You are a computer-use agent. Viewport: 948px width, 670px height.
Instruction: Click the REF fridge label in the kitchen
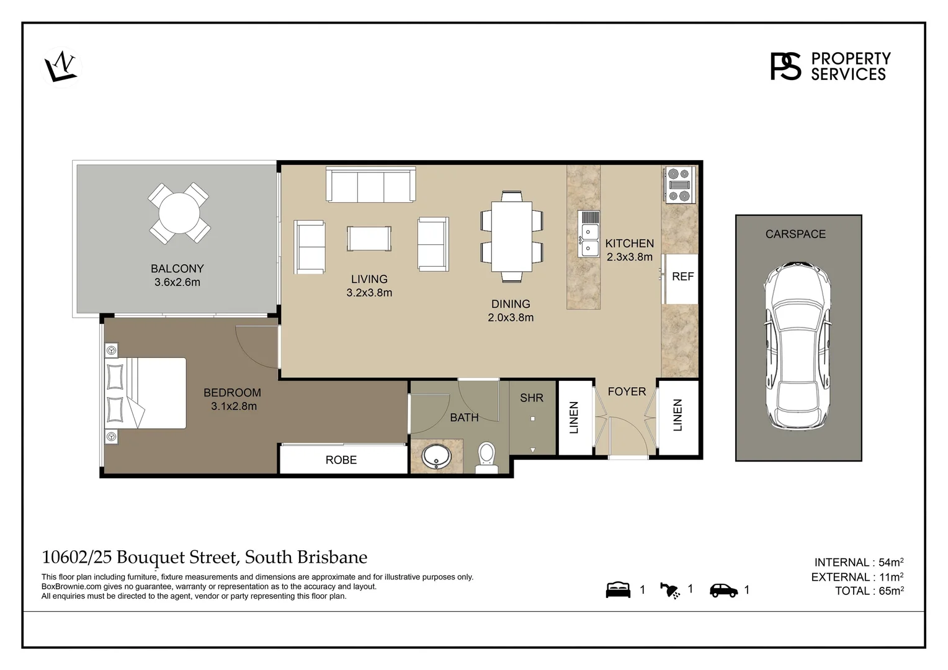pos(682,277)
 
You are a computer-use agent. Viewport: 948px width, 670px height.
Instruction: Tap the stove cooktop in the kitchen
pos(678,184)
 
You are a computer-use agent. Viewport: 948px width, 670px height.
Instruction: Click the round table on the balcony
pos(179,213)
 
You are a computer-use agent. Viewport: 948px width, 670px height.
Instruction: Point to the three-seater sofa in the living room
pos(371,184)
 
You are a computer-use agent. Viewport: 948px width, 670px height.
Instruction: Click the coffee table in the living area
pos(369,239)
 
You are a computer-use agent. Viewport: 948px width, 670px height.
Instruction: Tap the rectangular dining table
pos(512,236)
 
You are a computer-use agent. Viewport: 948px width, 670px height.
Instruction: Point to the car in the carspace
pos(798,347)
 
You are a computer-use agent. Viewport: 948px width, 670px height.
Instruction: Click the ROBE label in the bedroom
pos(341,460)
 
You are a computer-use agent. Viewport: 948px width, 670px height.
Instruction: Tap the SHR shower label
pos(532,398)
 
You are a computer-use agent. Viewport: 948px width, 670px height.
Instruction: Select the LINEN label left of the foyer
pos(574,417)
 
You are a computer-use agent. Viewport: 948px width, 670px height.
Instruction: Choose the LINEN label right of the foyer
pos(677,415)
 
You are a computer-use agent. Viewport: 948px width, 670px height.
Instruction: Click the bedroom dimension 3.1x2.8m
pos(234,406)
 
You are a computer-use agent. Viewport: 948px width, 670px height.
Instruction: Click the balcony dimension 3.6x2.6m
pos(177,282)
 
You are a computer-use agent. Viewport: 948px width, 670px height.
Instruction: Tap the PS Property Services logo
pos(830,66)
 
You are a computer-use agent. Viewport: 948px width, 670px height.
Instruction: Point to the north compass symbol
pos(61,66)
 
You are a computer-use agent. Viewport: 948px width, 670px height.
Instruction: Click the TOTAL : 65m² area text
pos(869,591)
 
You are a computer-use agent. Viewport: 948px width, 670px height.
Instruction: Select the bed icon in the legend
pos(618,590)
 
